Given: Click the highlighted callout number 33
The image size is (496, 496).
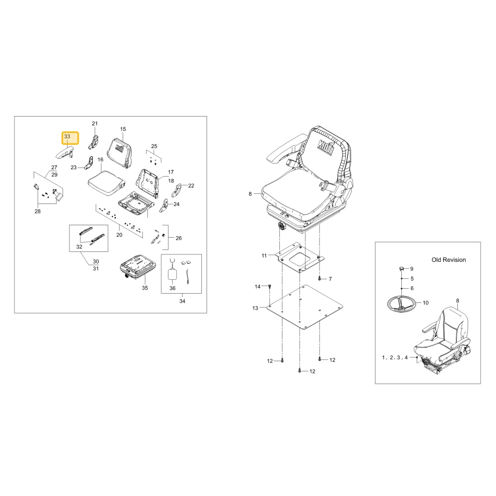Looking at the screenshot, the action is point(67,137).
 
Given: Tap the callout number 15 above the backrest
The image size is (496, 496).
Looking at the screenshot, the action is point(123,129).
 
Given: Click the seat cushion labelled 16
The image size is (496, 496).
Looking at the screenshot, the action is point(107,183).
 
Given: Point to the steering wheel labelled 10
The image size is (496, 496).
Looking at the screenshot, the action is point(401,304).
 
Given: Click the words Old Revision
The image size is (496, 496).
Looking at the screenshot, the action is point(448,260).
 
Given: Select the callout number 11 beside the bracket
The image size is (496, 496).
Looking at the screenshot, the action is point(264,255).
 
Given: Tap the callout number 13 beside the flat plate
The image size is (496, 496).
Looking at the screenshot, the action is point(255,308).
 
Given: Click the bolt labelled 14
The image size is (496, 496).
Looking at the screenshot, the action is point(269,286).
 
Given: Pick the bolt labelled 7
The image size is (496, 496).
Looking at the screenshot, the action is point(319,279).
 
